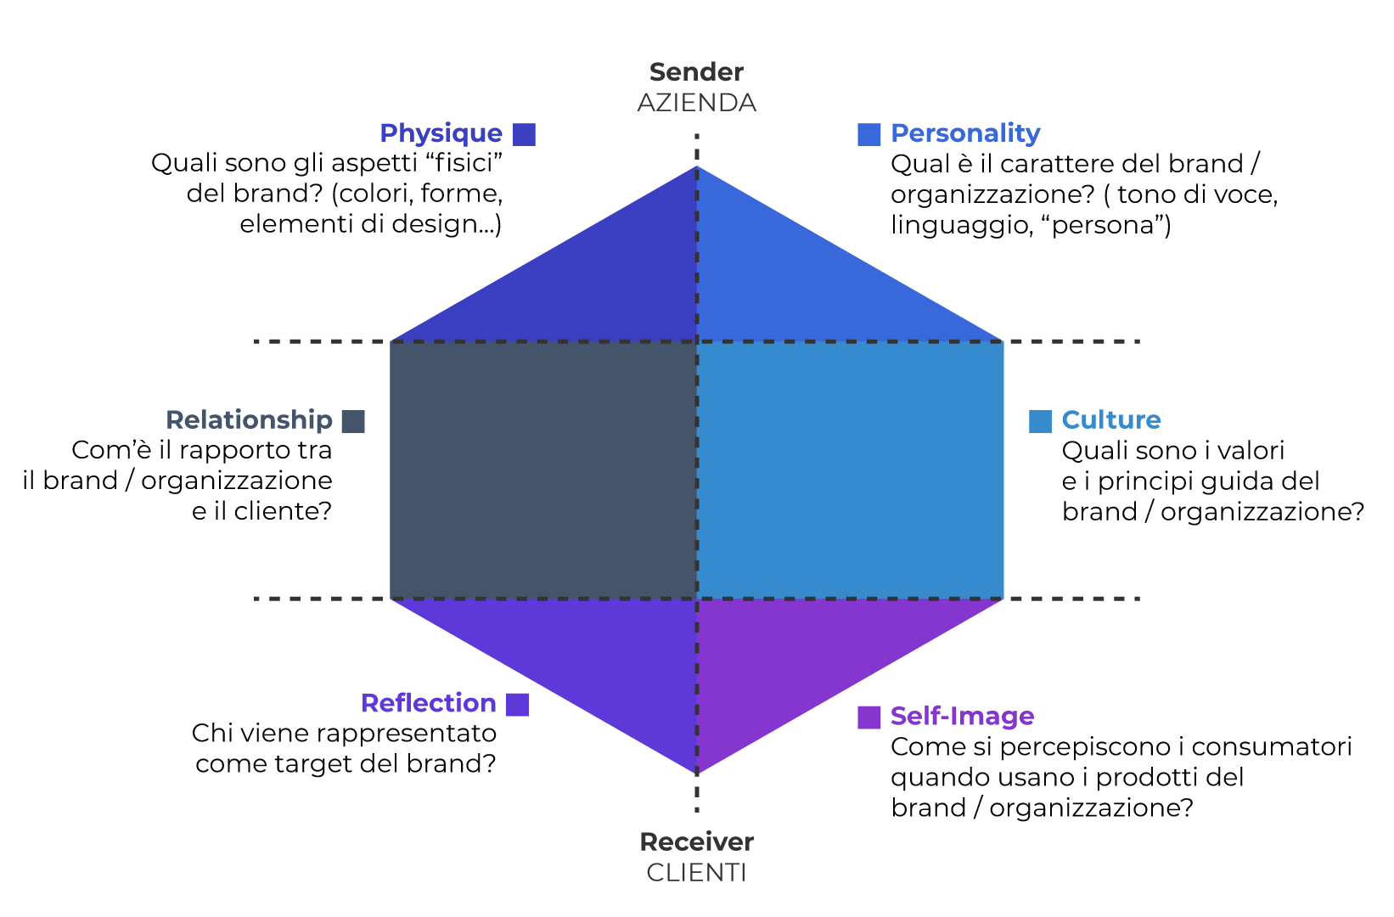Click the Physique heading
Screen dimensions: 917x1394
[x=441, y=133]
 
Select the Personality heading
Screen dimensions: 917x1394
[x=965, y=133]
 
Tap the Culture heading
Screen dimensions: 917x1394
[x=1111, y=420]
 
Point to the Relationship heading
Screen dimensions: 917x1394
[x=249, y=420]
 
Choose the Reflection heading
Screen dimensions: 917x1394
[x=428, y=703]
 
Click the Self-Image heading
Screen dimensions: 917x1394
[x=962, y=716]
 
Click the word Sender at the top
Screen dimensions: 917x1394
[x=696, y=72]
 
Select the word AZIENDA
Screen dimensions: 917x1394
[x=696, y=103]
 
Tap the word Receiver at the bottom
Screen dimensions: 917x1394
[x=696, y=841]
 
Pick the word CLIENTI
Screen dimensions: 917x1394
[x=696, y=872]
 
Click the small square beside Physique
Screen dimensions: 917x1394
[x=525, y=134]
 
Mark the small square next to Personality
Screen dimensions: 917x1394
[x=868, y=134]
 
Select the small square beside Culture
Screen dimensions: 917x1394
[x=1040, y=421]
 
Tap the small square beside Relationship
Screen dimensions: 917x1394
[x=353, y=421]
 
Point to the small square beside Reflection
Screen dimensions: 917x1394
[x=517, y=704]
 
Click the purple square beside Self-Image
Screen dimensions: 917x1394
[x=868, y=717]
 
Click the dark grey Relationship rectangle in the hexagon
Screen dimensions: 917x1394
[x=543, y=470]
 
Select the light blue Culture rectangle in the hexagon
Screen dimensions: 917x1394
[x=850, y=470]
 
